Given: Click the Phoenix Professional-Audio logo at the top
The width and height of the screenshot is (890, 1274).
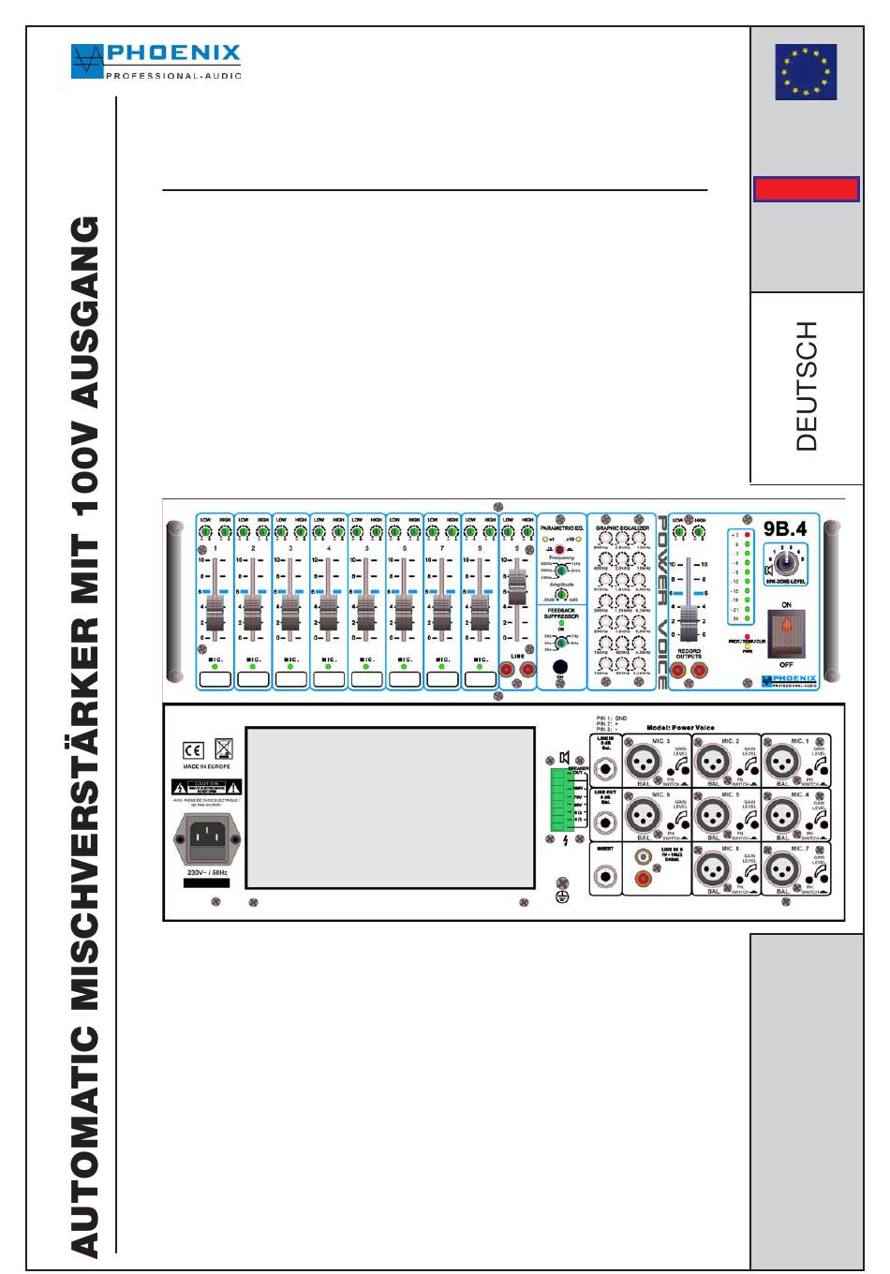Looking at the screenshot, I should click(156, 61).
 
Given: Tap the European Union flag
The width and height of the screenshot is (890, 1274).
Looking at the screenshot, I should click(806, 72).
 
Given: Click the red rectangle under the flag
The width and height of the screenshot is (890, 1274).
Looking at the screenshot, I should click(806, 189).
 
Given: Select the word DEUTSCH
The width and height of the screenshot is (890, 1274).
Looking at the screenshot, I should click(807, 386).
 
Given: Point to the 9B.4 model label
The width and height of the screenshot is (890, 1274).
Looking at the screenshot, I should click(784, 529).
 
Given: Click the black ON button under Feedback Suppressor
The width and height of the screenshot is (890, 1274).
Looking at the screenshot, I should click(560, 667).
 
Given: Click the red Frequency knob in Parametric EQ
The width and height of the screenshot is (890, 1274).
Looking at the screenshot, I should click(560, 550).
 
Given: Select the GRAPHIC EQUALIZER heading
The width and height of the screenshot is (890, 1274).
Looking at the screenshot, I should click(622, 528).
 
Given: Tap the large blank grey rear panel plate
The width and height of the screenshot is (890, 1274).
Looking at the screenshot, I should click(390, 807).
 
